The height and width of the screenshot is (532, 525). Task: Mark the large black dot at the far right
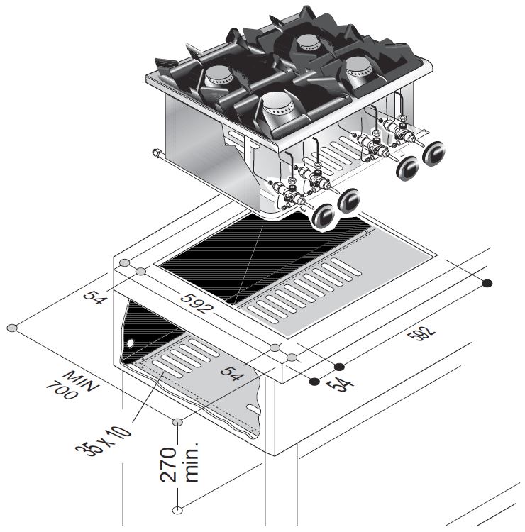(487, 284)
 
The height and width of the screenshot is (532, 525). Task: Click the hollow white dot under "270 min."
(177, 509)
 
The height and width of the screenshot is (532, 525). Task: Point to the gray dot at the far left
(12, 328)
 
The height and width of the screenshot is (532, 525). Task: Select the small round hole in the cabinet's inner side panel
(131, 345)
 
